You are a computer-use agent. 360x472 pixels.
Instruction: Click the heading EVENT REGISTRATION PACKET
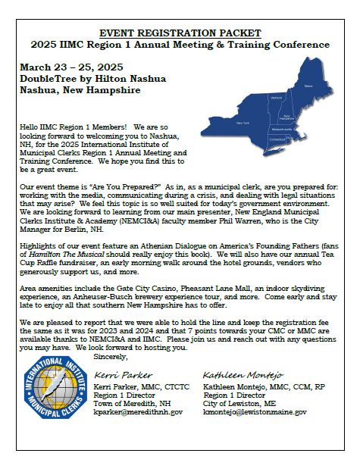[180, 33]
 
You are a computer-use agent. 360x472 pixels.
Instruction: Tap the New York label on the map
[243, 122]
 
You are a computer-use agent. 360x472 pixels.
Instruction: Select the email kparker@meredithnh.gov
[138, 411]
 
